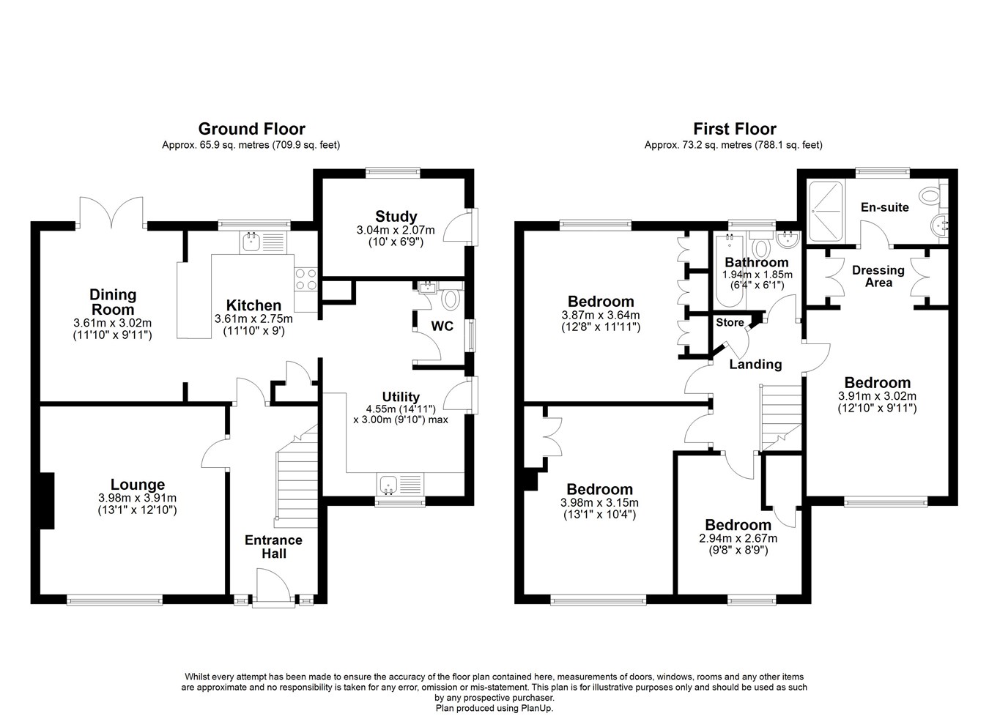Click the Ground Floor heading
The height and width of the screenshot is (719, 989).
(252, 129)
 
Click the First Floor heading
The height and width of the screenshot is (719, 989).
(735, 129)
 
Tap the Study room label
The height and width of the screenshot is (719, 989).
(396, 216)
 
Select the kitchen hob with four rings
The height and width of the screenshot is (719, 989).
(306, 280)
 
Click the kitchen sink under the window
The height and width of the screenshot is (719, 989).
(251, 241)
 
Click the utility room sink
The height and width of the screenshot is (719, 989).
(388, 485)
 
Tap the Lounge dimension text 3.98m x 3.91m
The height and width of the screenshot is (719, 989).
(137, 498)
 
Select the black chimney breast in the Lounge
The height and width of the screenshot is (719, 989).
(47, 501)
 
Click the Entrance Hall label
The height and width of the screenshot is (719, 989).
(274, 546)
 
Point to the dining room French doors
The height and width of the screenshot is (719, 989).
(111, 212)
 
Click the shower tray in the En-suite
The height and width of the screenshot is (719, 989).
(826, 212)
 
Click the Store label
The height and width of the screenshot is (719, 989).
(730, 323)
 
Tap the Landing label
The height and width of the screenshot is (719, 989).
(755, 364)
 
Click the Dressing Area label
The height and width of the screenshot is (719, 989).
(878, 276)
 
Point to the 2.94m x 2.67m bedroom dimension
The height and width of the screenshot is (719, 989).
(738, 538)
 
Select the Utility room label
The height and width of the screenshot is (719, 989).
(401, 396)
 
